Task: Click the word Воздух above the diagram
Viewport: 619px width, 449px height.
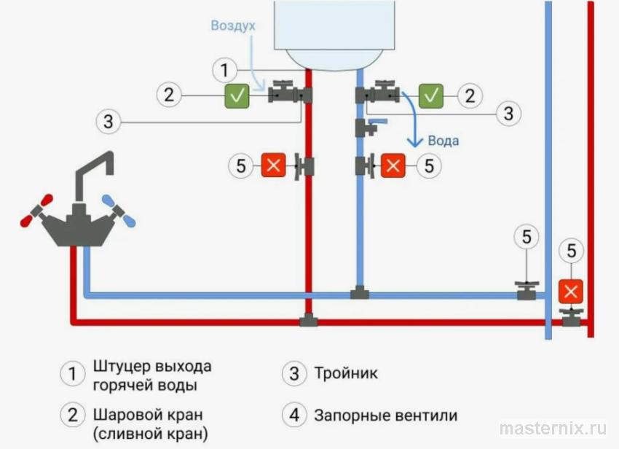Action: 233,26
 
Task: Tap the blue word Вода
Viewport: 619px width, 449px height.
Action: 443,140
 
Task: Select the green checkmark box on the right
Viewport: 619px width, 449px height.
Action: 433,95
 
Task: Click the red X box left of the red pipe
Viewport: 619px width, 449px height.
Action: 274,165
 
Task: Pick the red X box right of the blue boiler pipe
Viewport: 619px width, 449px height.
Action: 393,165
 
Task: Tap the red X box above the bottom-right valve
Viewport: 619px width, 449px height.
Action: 572,292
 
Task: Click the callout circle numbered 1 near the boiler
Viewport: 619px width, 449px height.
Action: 225,71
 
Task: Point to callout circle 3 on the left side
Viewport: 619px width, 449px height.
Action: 109,121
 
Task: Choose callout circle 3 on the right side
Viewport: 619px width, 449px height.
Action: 508,114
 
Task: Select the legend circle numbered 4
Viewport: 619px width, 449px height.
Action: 294,415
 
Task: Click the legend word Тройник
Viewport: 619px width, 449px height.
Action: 346,374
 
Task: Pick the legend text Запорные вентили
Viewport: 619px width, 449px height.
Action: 386,415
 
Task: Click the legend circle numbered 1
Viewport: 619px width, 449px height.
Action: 72,374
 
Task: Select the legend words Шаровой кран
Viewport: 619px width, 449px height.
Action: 148,415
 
